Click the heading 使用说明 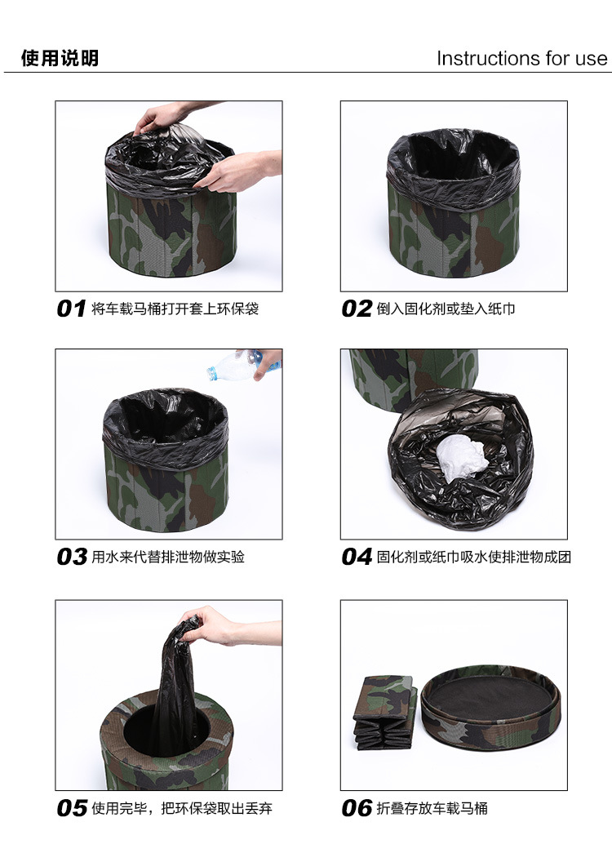click(60, 58)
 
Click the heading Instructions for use click(522, 58)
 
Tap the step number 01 click(72, 309)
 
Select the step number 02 click(357, 309)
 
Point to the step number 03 click(72, 557)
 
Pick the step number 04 click(357, 557)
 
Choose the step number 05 click(72, 808)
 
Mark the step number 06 click(357, 808)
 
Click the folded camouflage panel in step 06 click(384, 713)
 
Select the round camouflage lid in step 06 click(490, 713)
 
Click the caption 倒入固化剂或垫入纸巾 click(446, 309)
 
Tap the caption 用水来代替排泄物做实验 click(168, 557)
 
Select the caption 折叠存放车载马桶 click(432, 808)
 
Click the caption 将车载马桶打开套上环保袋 click(175, 309)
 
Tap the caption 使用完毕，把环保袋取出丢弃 click(182, 808)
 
